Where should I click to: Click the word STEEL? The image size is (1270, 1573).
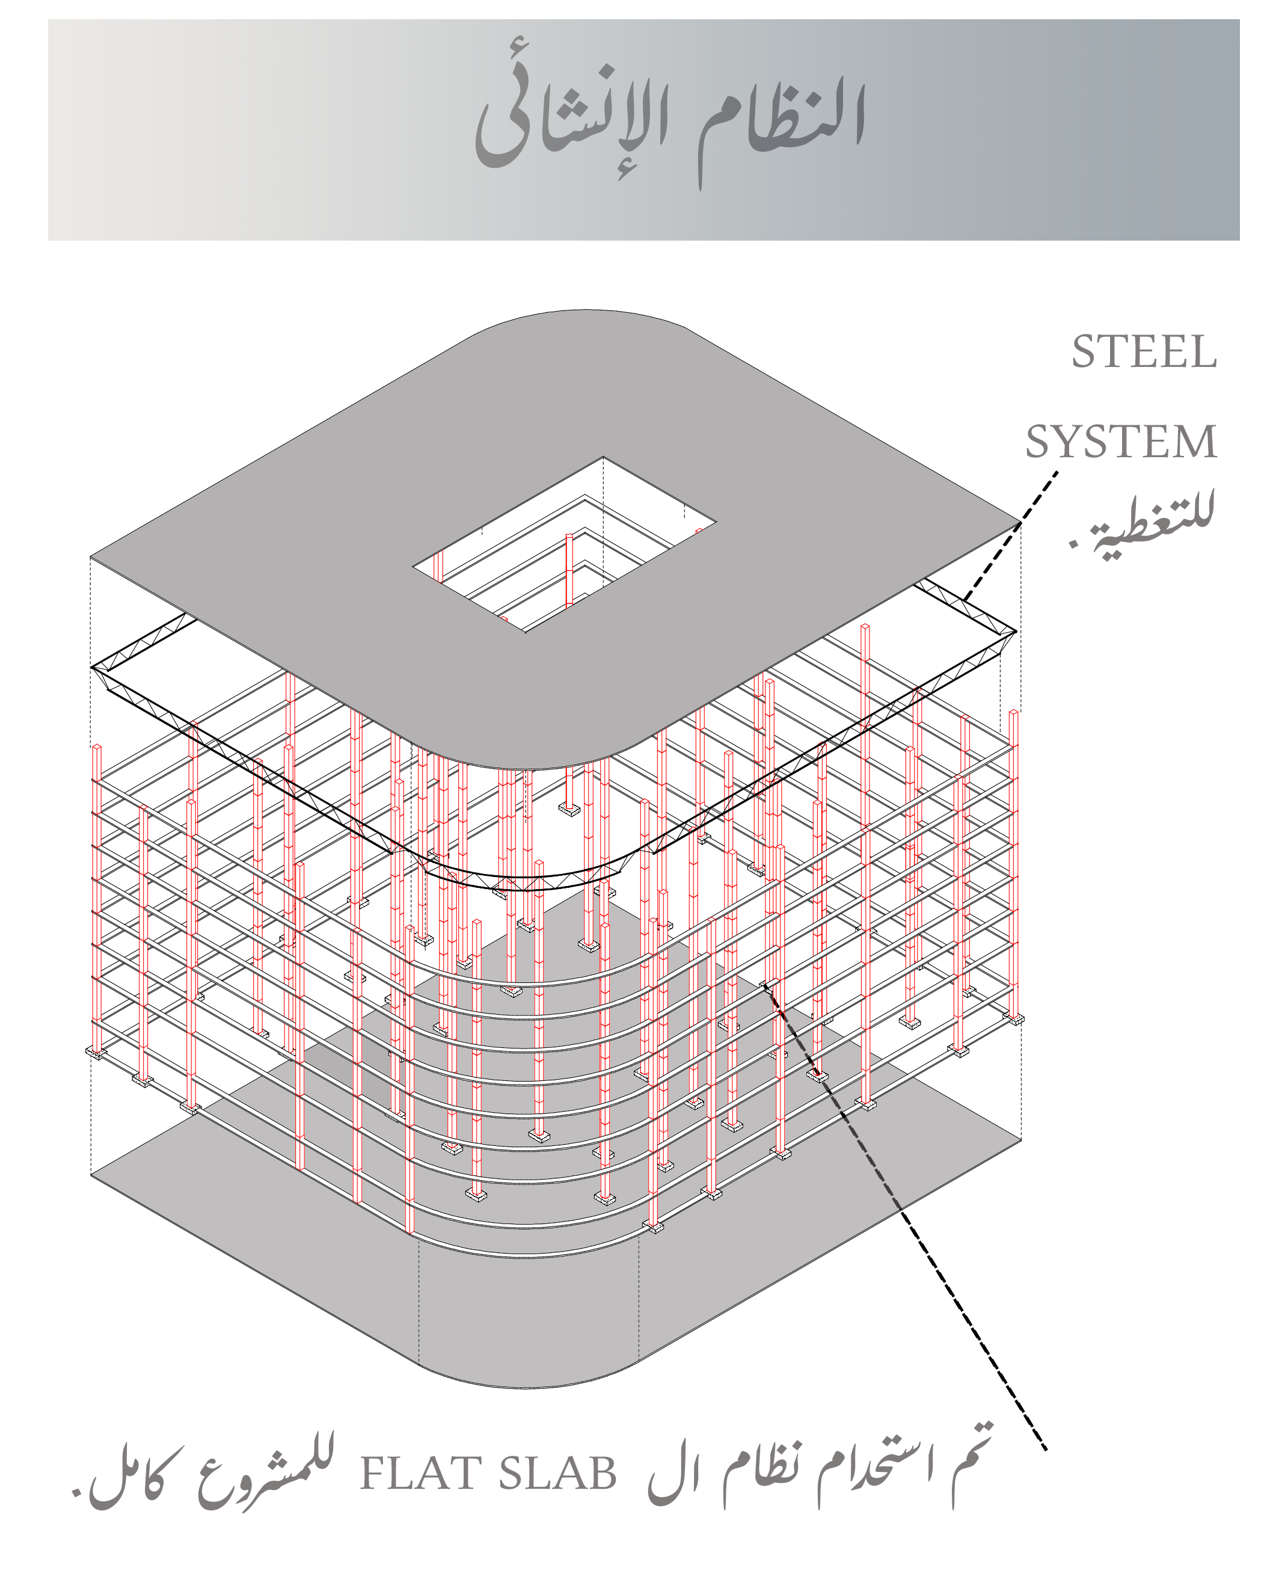tap(1144, 352)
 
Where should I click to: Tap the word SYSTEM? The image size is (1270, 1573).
tap(1121, 442)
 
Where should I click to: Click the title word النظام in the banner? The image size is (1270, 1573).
tap(781, 121)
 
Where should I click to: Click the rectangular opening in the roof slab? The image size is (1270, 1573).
tap(564, 544)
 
